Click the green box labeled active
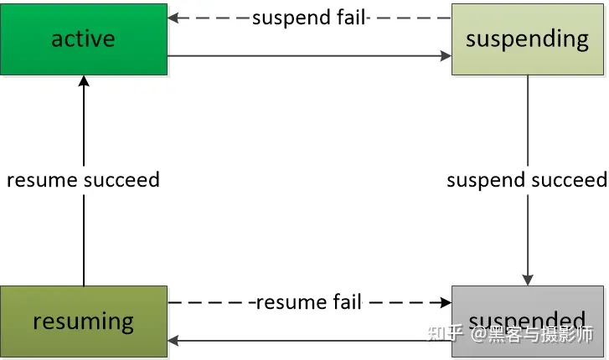[x=83, y=39]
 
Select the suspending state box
[x=527, y=39]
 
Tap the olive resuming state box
[x=83, y=321]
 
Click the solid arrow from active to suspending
[x=309, y=57]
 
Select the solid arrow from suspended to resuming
[x=309, y=341]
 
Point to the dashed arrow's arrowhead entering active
[x=173, y=18]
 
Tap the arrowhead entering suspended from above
[x=528, y=280]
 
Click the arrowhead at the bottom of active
[x=84, y=80]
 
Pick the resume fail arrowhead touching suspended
[x=446, y=301]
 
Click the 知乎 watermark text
[x=444, y=333]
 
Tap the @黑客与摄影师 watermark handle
[x=531, y=333]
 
